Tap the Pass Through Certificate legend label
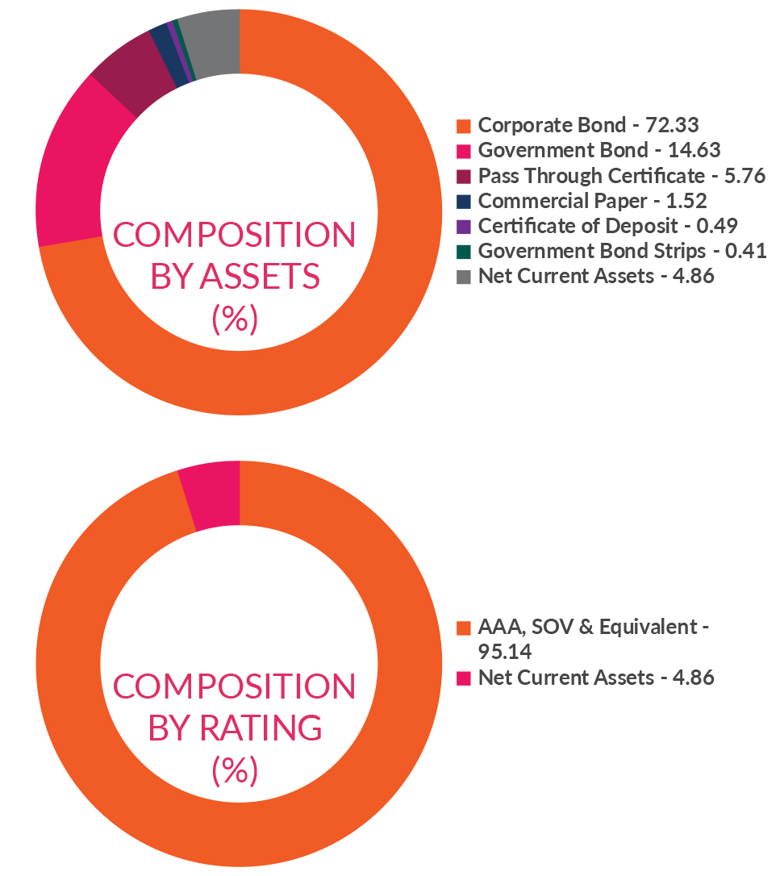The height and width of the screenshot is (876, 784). point(621,176)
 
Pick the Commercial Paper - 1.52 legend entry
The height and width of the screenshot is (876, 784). point(592,201)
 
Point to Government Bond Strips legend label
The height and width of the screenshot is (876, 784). point(622,251)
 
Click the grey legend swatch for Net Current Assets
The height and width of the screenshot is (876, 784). point(464,277)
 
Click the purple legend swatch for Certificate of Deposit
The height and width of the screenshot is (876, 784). point(464,227)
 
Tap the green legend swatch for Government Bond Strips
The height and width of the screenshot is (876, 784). point(464,252)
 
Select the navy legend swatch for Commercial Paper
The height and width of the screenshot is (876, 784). point(464,202)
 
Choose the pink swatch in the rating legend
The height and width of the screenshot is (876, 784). point(464,678)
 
